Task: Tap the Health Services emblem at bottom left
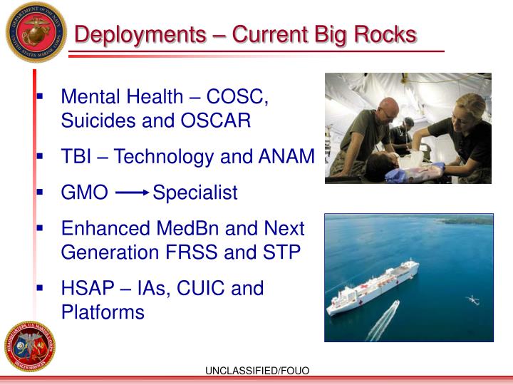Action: tap(28, 346)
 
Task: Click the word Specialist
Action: tap(195, 193)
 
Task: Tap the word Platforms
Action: tap(103, 312)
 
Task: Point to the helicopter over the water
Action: tap(471, 300)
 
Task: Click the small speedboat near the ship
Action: tap(393, 307)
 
